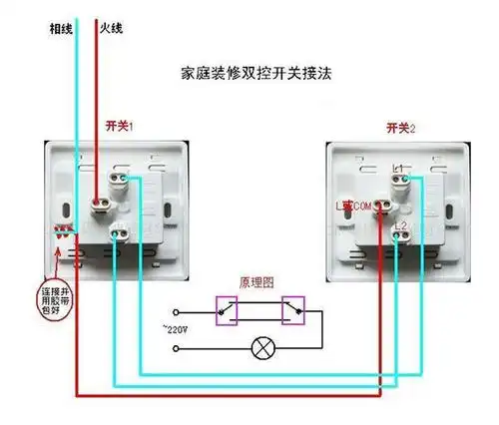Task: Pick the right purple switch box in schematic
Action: coord(295,309)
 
